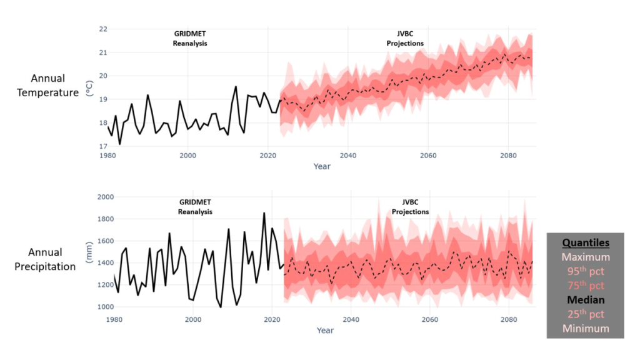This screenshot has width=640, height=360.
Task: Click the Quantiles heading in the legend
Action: (585, 243)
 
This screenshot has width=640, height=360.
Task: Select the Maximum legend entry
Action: (585, 257)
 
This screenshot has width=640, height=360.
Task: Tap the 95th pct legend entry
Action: (585, 271)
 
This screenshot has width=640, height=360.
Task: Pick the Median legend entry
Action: (585, 300)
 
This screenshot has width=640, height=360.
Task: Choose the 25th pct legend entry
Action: (585, 314)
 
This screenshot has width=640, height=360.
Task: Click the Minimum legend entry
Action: (585, 328)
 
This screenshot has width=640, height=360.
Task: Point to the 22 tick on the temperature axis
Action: (102, 29)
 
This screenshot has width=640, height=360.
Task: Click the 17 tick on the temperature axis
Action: (102, 146)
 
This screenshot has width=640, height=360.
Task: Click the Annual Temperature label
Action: (56, 86)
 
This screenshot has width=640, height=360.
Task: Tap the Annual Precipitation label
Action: (52, 259)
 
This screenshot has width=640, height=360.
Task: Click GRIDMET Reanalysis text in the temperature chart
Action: (190, 39)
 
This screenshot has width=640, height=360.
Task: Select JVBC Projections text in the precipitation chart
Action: (411, 207)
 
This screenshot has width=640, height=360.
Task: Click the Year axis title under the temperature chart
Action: (322, 166)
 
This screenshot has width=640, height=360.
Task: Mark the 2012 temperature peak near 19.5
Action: (236, 87)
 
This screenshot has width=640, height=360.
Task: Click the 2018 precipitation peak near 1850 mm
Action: (264, 213)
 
